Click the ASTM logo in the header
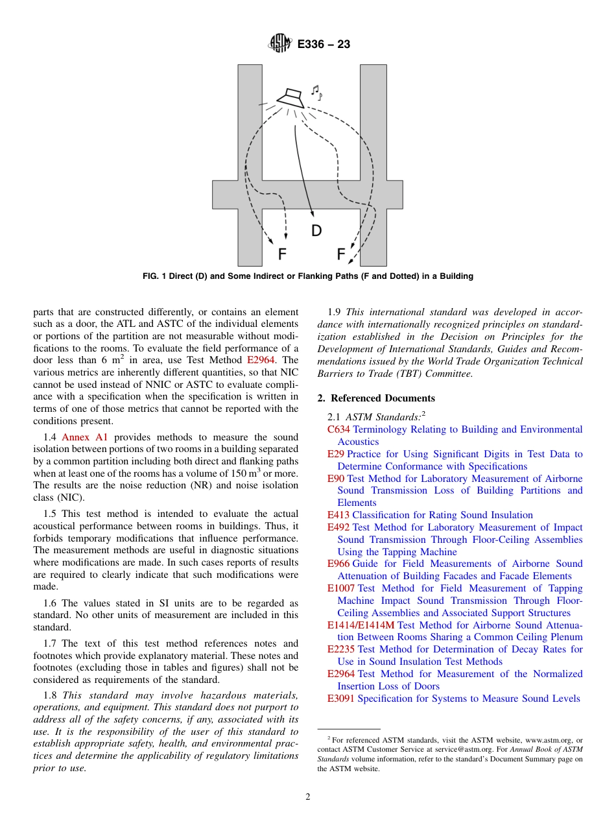click(x=281, y=44)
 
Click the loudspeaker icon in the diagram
click(x=291, y=97)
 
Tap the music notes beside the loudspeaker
click(x=316, y=93)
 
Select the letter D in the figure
click(x=316, y=230)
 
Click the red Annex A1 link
click(x=84, y=437)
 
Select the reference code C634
click(x=339, y=429)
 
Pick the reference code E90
click(x=336, y=479)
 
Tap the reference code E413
click(x=338, y=515)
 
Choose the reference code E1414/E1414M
click(x=361, y=625)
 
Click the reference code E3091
click(x=341, y=699)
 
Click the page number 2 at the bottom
click(x=308, y=797)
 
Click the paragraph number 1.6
click(x=51, y=603)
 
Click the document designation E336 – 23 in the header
click(x=324, y=45)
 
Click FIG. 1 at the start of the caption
click(x=154, y=276)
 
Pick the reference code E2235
click(x=341, y=649)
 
